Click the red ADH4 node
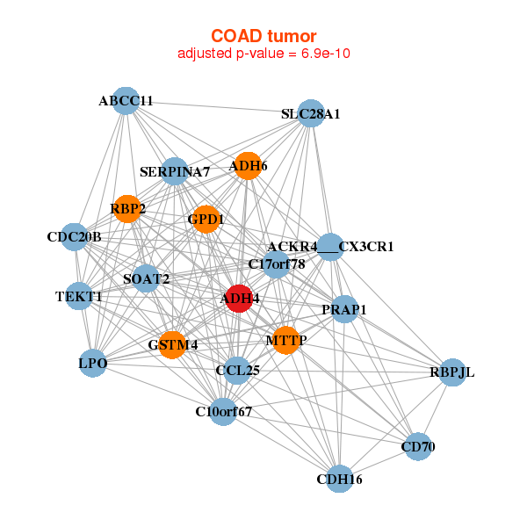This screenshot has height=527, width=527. [x=239, y=299]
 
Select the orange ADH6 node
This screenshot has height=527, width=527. [x=248, y=166]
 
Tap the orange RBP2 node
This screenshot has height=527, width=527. [x=127, y=209]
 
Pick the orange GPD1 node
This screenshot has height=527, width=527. [x=206, y=219]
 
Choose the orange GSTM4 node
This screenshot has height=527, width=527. [x=172, y=345]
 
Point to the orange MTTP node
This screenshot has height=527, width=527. [x=286, y=340]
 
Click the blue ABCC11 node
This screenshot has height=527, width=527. [x=126, y=101]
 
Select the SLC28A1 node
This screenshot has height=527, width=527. [x=311, y=113]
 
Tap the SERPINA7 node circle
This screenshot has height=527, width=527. [x=175, y=171]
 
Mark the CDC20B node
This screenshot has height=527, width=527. [x=75, y=236]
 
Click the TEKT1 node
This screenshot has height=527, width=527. [x=79, y=296]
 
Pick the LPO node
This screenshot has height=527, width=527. [x=93, y=363]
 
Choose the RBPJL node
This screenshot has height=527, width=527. [x=452, y=372]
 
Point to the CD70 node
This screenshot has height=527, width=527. [x=418, y=446]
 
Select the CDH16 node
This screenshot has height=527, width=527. [x=339, y=479]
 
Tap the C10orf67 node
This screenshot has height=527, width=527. [x=223, y=411]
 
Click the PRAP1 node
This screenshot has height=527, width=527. [x=344, y=309]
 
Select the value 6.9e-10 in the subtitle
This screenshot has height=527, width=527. [x=326, y=54]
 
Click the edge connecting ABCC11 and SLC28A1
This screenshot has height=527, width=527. [x=219, y=107]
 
